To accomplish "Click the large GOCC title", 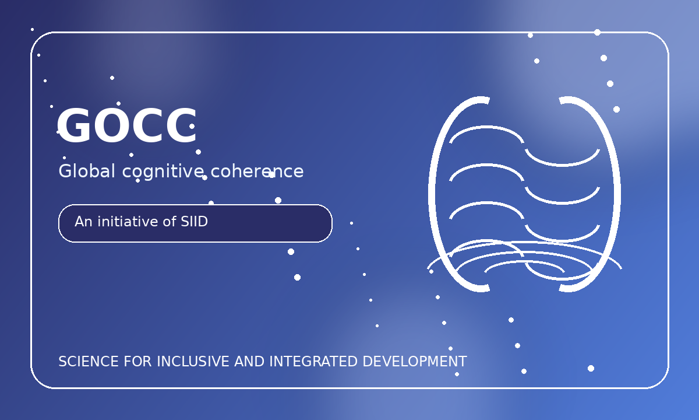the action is (x=127, y=125).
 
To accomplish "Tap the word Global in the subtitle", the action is (x=87, y=171).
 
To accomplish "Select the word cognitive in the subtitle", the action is (x=163, y=172).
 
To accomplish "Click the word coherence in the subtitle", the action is (x=257, y=171).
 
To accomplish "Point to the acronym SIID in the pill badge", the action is (x=194, y=222).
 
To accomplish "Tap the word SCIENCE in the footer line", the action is (x=89, y=362).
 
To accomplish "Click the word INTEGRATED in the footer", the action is (x=313, y=362).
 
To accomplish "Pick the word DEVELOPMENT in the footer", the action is (x=415, y=362).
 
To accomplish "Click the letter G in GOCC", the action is (x=73, y=125).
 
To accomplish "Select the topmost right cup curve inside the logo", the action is (x=562, y=164).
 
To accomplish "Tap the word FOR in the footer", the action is (x=137, y=362).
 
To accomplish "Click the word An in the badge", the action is (x=83, y=222).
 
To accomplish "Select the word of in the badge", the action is (x=170, y=222).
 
